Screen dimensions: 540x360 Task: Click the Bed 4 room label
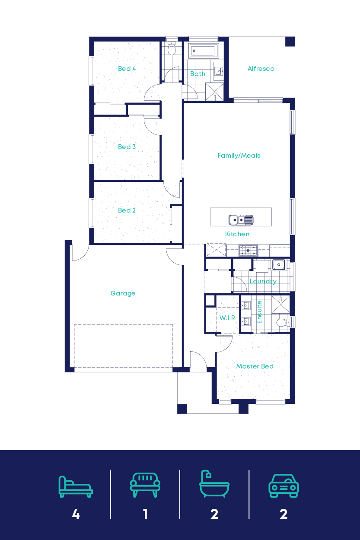point(127,69)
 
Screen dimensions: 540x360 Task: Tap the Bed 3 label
point(127,147)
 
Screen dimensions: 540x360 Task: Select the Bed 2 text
point(127,210)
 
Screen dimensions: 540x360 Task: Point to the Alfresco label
point(261,69)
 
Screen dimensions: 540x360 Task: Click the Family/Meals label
point(239,156)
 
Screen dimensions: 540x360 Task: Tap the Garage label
point(123,293)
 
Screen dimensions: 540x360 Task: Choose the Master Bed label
point(255,366)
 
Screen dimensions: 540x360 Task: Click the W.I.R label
point(227,318)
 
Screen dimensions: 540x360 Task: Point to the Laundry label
point(263,281)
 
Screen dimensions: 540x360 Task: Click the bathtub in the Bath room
point(204,51)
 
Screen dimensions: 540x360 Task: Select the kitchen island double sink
point(241,220)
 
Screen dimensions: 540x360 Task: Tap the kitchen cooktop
point(248,250)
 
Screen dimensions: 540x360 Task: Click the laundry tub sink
point(279,264)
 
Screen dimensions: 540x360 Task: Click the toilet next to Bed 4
point(172,50)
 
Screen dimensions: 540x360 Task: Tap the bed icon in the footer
point(76,486)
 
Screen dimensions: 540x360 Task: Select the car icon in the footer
point(284,486)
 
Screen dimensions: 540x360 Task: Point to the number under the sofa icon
point(145,514)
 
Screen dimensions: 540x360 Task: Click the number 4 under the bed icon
point(76,514)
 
